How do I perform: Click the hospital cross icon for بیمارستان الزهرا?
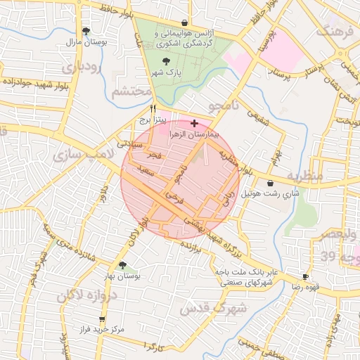194,123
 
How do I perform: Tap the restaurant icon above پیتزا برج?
153,109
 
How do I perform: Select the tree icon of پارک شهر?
165,62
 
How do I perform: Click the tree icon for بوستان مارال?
86,31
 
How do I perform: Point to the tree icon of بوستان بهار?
123,265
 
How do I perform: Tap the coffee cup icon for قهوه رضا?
306,277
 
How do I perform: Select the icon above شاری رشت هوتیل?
271,183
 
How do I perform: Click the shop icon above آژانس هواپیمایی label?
184,22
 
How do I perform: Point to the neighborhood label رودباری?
81,69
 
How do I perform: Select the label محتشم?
131,91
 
